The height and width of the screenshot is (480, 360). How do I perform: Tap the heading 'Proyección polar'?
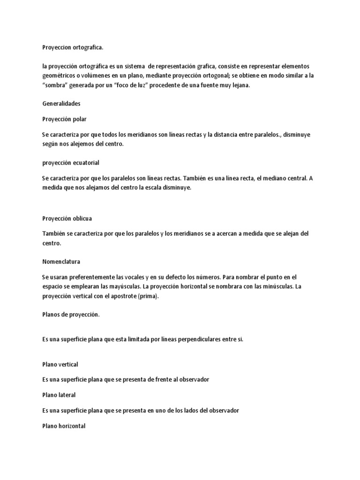(64, 119)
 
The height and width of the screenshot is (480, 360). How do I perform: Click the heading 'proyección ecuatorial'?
(70, 163)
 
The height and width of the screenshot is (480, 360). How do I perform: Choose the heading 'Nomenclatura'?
(61, 261)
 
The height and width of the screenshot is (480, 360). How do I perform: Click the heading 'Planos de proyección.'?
(71, 315)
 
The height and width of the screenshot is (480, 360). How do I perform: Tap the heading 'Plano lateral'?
(59, 395)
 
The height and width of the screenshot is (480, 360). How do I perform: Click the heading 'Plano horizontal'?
(63, 426)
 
